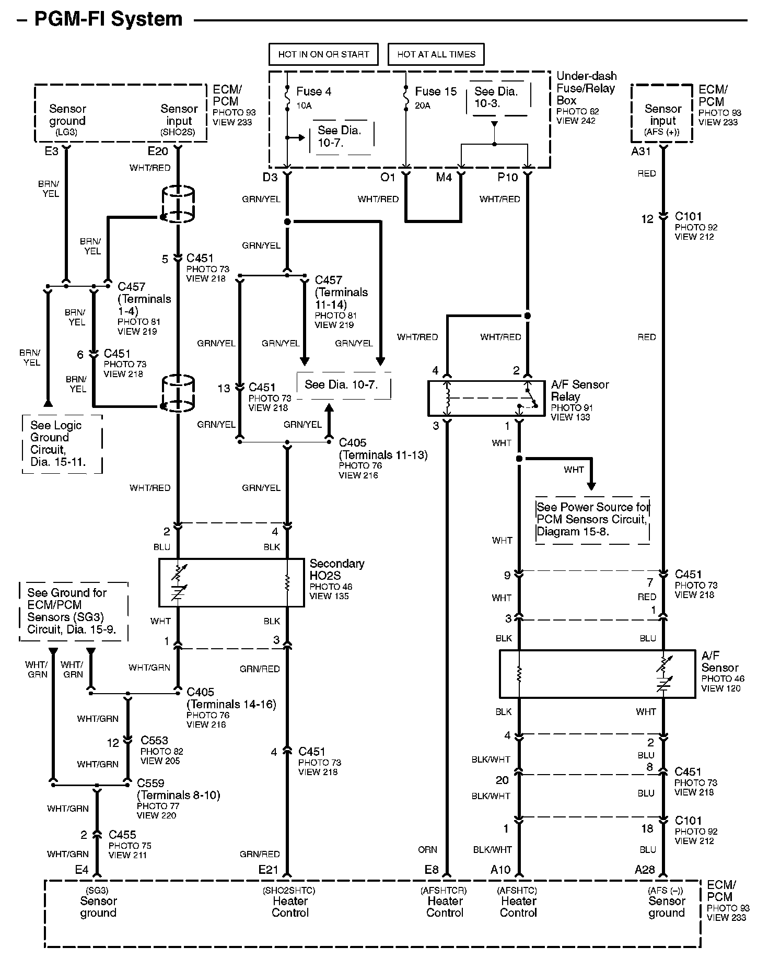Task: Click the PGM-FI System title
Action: [x=108, y=19]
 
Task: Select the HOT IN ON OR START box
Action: [x=323, y=54]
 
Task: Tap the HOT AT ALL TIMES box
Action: [x=436, y=54]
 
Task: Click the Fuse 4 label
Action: [x=313, y=91]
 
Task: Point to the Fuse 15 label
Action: [x=436, y=91]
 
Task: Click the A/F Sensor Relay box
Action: [x=486, y=399]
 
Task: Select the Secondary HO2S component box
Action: [x=231, y=582]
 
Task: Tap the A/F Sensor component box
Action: [x=597, y=674]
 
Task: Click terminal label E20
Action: [x=158, y=151]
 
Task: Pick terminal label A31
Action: [x=641, y=151]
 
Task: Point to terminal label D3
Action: [x=270, y=178]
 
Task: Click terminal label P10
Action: [x=507, y=178]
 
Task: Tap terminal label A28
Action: [x=645, y=870]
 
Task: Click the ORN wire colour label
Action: [x=427, y=850]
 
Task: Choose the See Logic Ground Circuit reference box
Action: [x=62, y=444]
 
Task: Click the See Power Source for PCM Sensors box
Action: [x=592, y=520]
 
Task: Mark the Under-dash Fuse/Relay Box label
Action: [x=586, y=88]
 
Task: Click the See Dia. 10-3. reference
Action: [x=496, y=97]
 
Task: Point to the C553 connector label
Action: [x=154, y=741]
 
